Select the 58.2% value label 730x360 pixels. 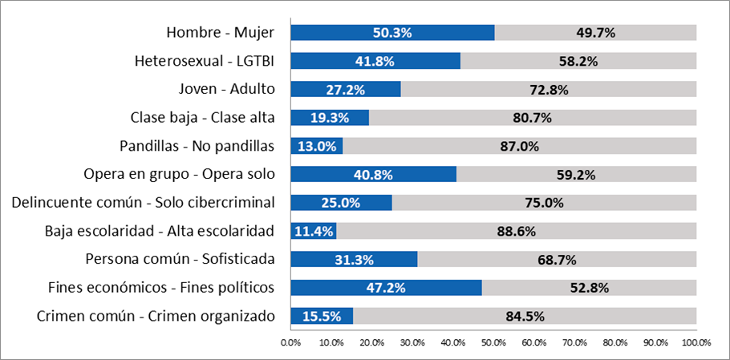pos(578,61)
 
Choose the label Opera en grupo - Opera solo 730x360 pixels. pos(179,174)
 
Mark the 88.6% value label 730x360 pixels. pos(516,231)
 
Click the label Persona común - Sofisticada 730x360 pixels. pos(180,259)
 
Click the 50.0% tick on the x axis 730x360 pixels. pos(493,342)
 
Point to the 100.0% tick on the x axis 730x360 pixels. pos(696,342)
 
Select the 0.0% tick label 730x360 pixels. pos(290,342)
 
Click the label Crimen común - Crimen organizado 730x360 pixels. pos(156,316)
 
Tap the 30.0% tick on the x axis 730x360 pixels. pos(412,342)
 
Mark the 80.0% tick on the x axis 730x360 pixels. pos(614,342)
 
